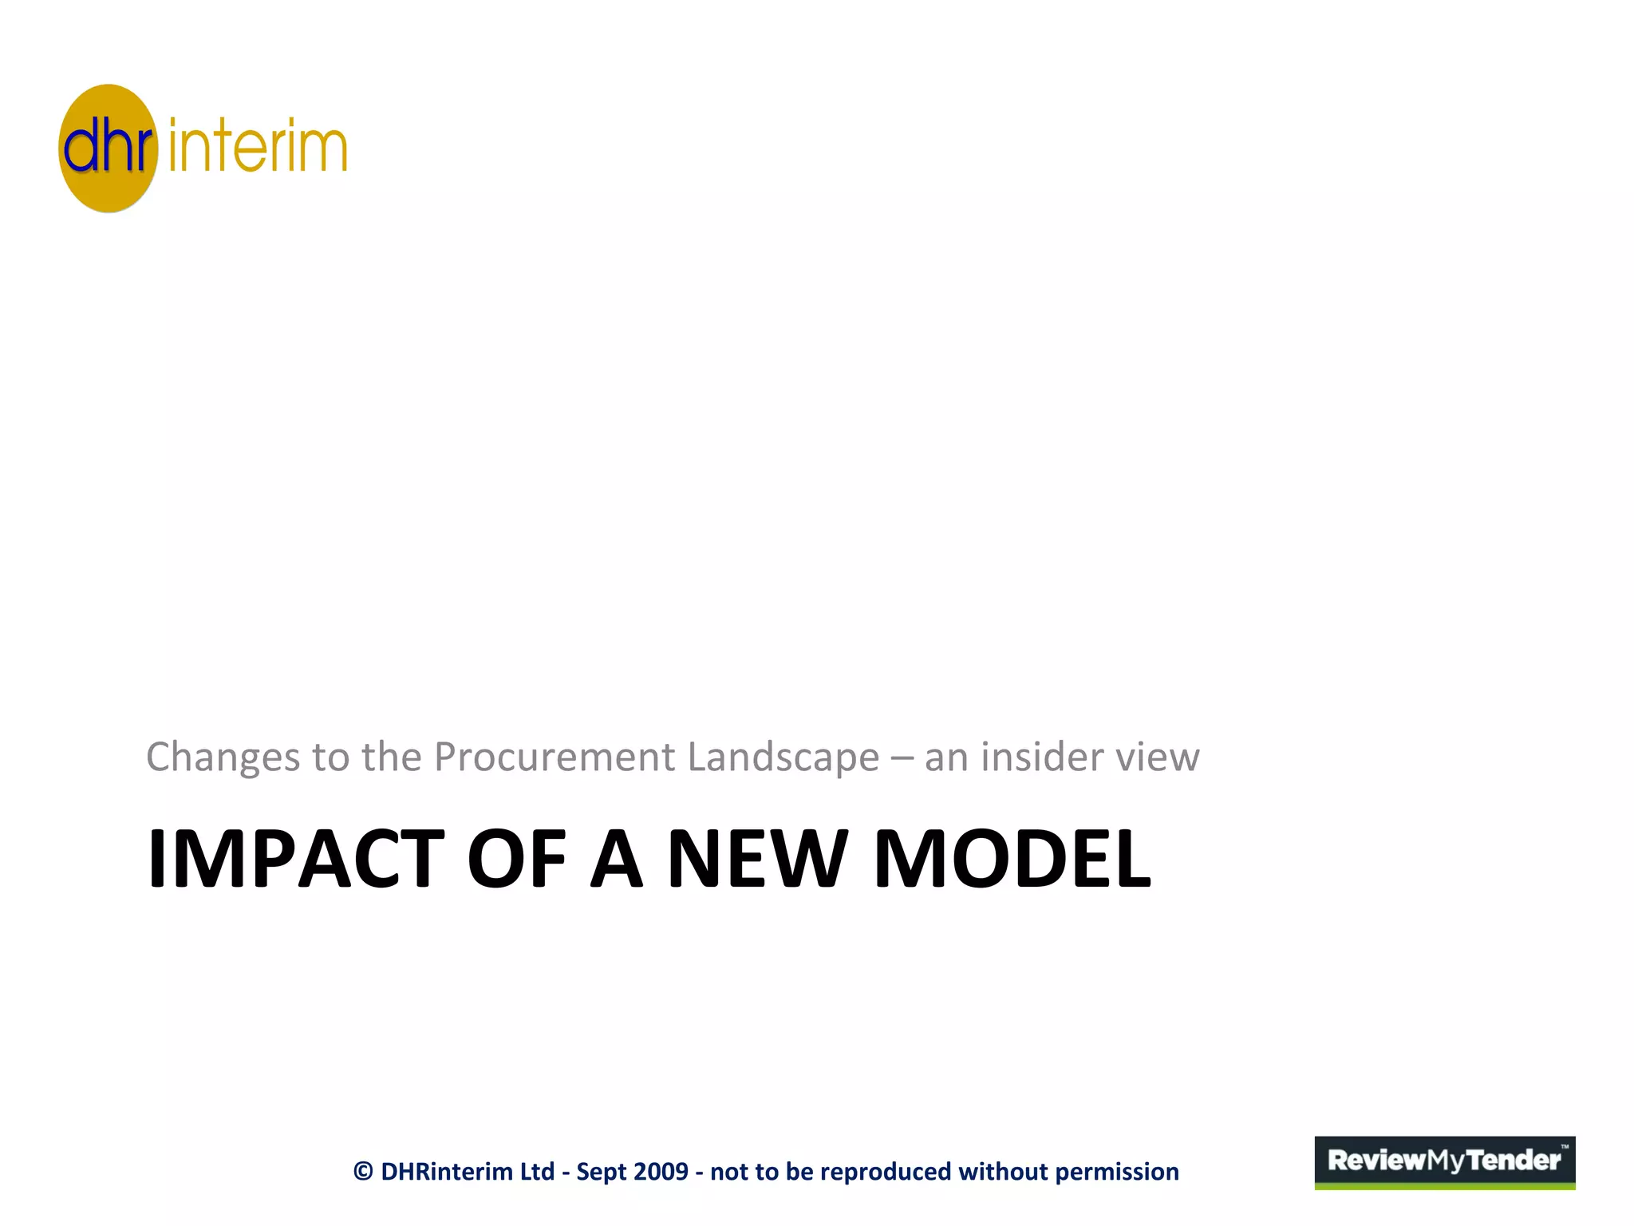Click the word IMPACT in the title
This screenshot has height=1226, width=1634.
pos(296,859)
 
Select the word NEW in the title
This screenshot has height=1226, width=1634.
pos(756,859)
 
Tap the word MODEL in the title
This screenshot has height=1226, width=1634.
pos(1012,859)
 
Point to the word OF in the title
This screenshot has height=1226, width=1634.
pos(516,859)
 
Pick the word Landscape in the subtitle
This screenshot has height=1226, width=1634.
pos(783,757)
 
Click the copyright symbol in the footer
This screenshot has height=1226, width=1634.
pos(363,1172)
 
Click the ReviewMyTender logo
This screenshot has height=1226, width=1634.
pos(1444,1162)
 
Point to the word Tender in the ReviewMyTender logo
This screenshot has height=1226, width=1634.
pos(1514,1160)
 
